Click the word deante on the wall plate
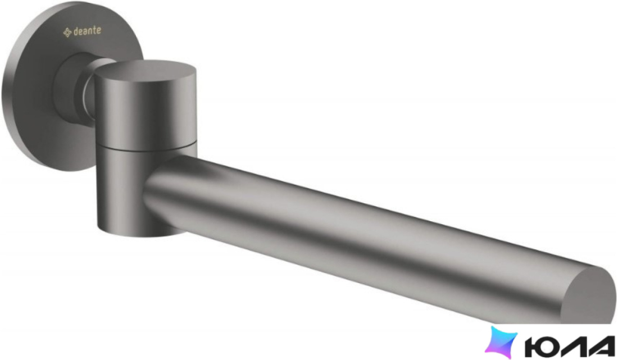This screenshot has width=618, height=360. point(87,31)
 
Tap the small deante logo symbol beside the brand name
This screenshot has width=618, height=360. point(67,33)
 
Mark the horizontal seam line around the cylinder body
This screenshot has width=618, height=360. point(146,148)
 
